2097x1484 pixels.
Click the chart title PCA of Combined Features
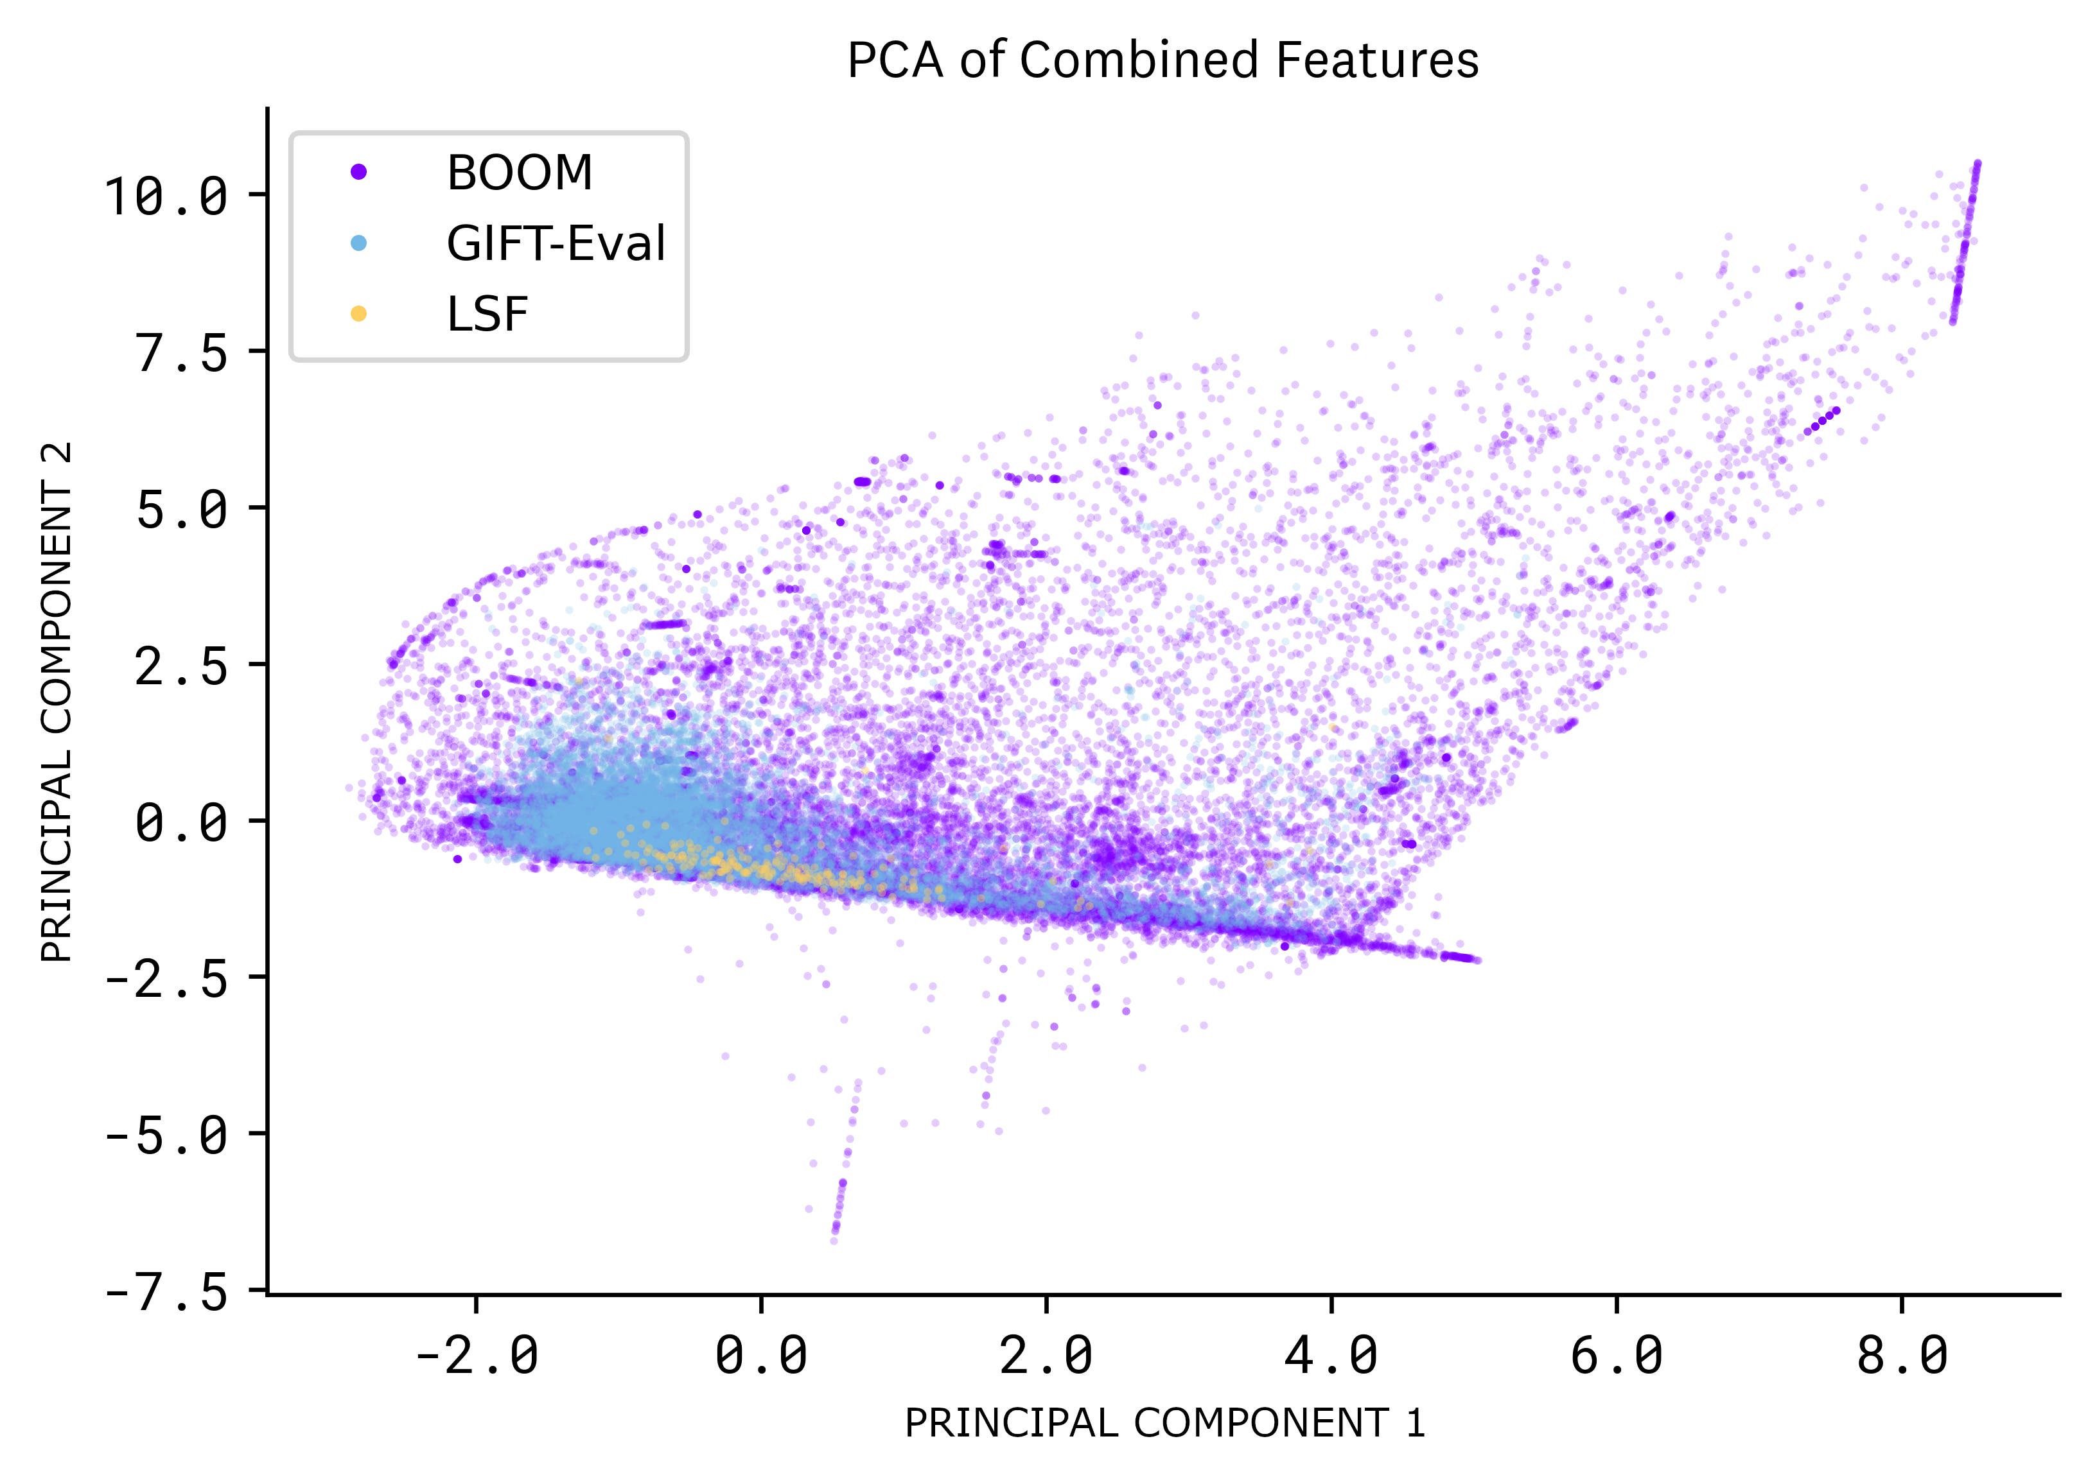(x=1163, y=61)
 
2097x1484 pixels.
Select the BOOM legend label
(x=519, y=172)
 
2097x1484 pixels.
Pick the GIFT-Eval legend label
(x=556, y=243)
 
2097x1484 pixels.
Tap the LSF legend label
(x=487, y=315)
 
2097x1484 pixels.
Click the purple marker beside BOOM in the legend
(x=359, y=172)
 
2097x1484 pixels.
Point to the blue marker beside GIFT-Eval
(x=359, y=243)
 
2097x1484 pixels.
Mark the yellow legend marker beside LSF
(x=359, y=315)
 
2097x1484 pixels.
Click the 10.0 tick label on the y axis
(x=166, y=196)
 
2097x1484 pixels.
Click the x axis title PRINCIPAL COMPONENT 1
(x=1164, y=1424)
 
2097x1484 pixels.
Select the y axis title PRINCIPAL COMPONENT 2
(x=57, y=702)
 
